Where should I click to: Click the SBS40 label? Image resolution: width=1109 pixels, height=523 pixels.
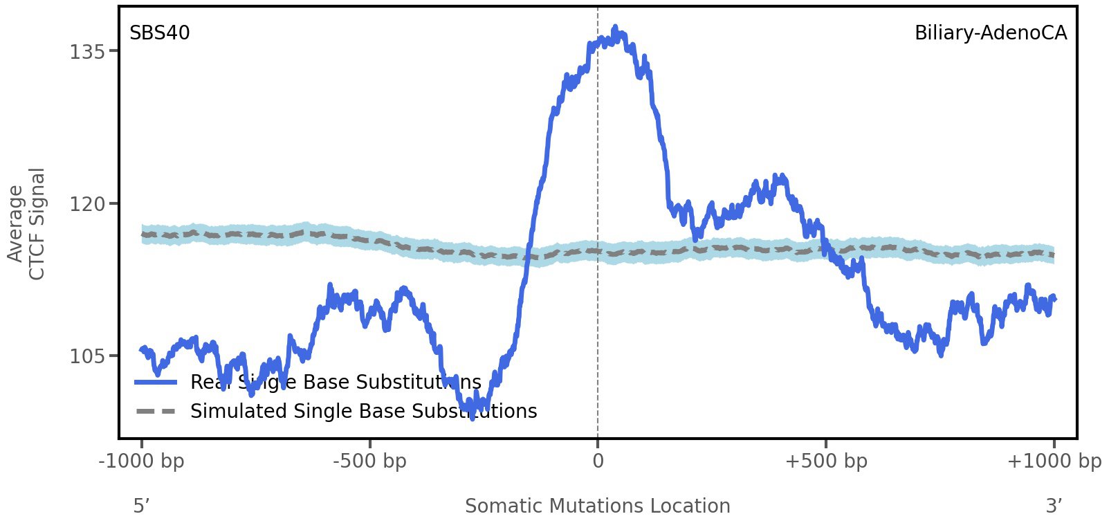point(160,33)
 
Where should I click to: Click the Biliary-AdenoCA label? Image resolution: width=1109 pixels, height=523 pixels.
point(990,33)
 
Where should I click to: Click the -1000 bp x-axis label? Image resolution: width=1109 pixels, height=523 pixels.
point(142,461)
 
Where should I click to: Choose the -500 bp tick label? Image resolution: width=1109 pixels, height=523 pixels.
point(369,461)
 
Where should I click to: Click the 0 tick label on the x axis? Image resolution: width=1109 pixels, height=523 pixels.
point(598,461)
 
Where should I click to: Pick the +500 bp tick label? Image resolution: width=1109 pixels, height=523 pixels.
point(826,461)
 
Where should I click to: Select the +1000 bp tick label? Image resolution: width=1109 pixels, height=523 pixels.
point(1054,461)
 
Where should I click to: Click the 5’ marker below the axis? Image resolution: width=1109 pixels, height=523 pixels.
point(142,506)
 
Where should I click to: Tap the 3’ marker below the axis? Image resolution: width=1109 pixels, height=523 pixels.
point(1054,506)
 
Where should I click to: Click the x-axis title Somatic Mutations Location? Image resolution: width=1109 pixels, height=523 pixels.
point(598,506)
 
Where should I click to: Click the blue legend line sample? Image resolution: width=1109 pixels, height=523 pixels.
point(156,382)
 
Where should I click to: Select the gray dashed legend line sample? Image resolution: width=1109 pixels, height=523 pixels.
point(156,412)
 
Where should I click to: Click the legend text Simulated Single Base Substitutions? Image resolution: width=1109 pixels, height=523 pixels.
point(363,412)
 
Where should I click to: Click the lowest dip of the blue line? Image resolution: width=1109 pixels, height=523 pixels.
point(473,416)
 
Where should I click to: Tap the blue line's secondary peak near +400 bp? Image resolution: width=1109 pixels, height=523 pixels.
point(779,177)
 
